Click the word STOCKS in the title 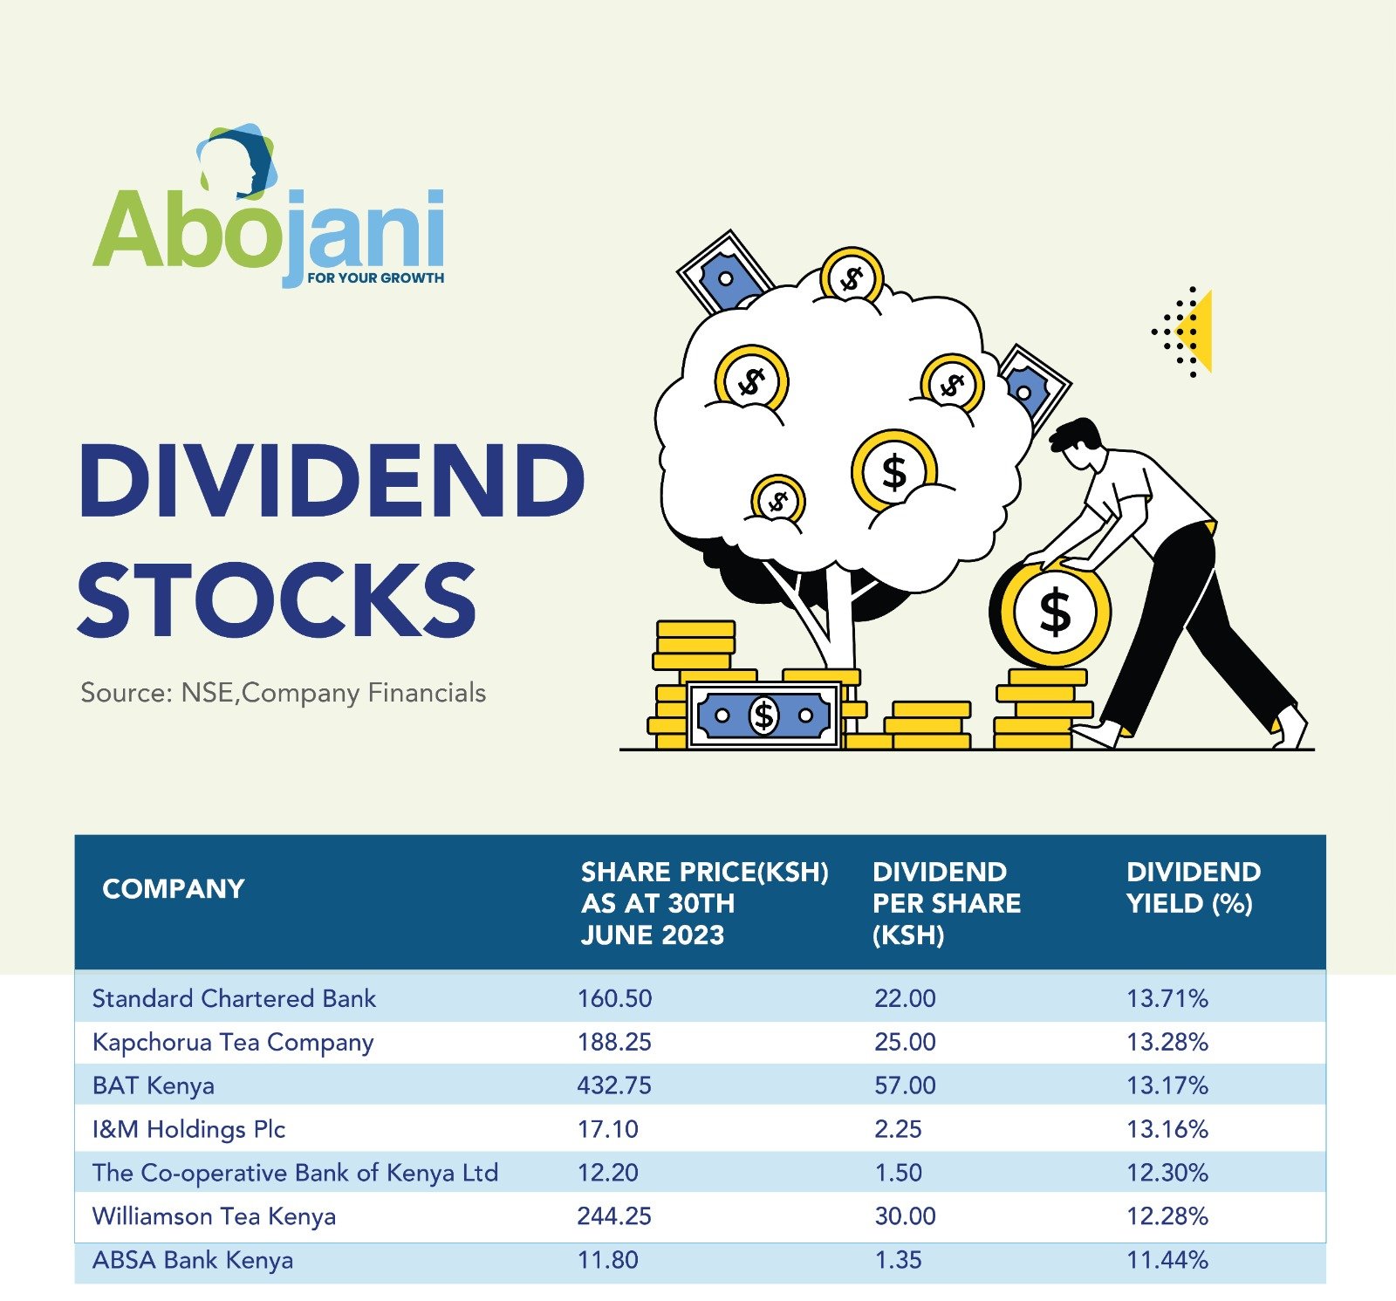(x=277, y=599)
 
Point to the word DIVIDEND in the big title (x=332, y=480)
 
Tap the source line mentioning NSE (x=283, y=693)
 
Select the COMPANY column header (x=173, y=888)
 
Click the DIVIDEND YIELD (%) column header (x=1193, y=887)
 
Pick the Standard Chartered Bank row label (x=234, y=998)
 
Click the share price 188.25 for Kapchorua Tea (x=614, y=1042)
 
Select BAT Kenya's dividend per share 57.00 (x=905, y=1085)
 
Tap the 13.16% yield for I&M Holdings (x=1167, y=1129)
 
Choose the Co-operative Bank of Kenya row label (x=295, y=1173)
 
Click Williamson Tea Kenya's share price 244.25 (x=614, y=1216)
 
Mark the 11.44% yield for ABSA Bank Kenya (x=1167, y=1260)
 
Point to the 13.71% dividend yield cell (x=1167, y=998)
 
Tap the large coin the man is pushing (x=1054, y=612)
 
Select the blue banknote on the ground (x=763, y=716)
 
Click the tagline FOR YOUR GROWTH (x=375, y=278)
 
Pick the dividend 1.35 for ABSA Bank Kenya (x=898, y=1260)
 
